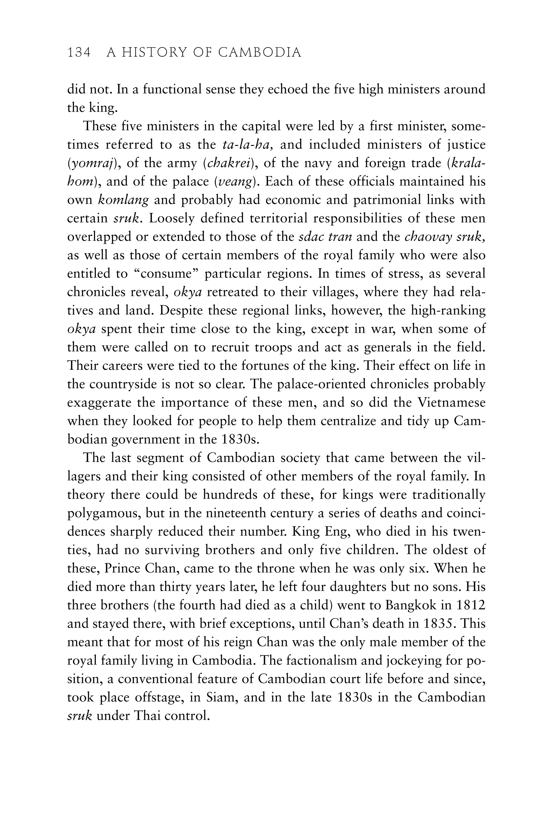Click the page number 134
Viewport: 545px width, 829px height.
[79, 53]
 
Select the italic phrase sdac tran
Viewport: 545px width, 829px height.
[325, 237]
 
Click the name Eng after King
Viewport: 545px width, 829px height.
[328, 532]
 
